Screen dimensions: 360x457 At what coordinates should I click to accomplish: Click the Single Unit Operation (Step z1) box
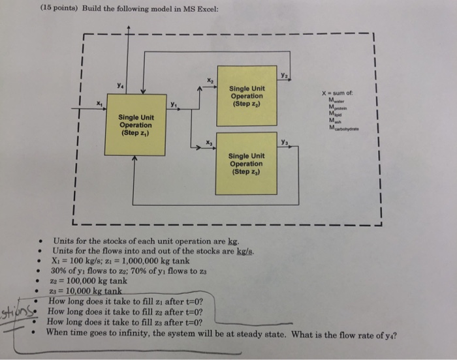[x=136, y=125]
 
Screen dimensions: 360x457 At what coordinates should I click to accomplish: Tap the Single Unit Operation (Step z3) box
[x=247, y=162]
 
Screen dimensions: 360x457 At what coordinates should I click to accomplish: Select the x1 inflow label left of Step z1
[x=99, y=102]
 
